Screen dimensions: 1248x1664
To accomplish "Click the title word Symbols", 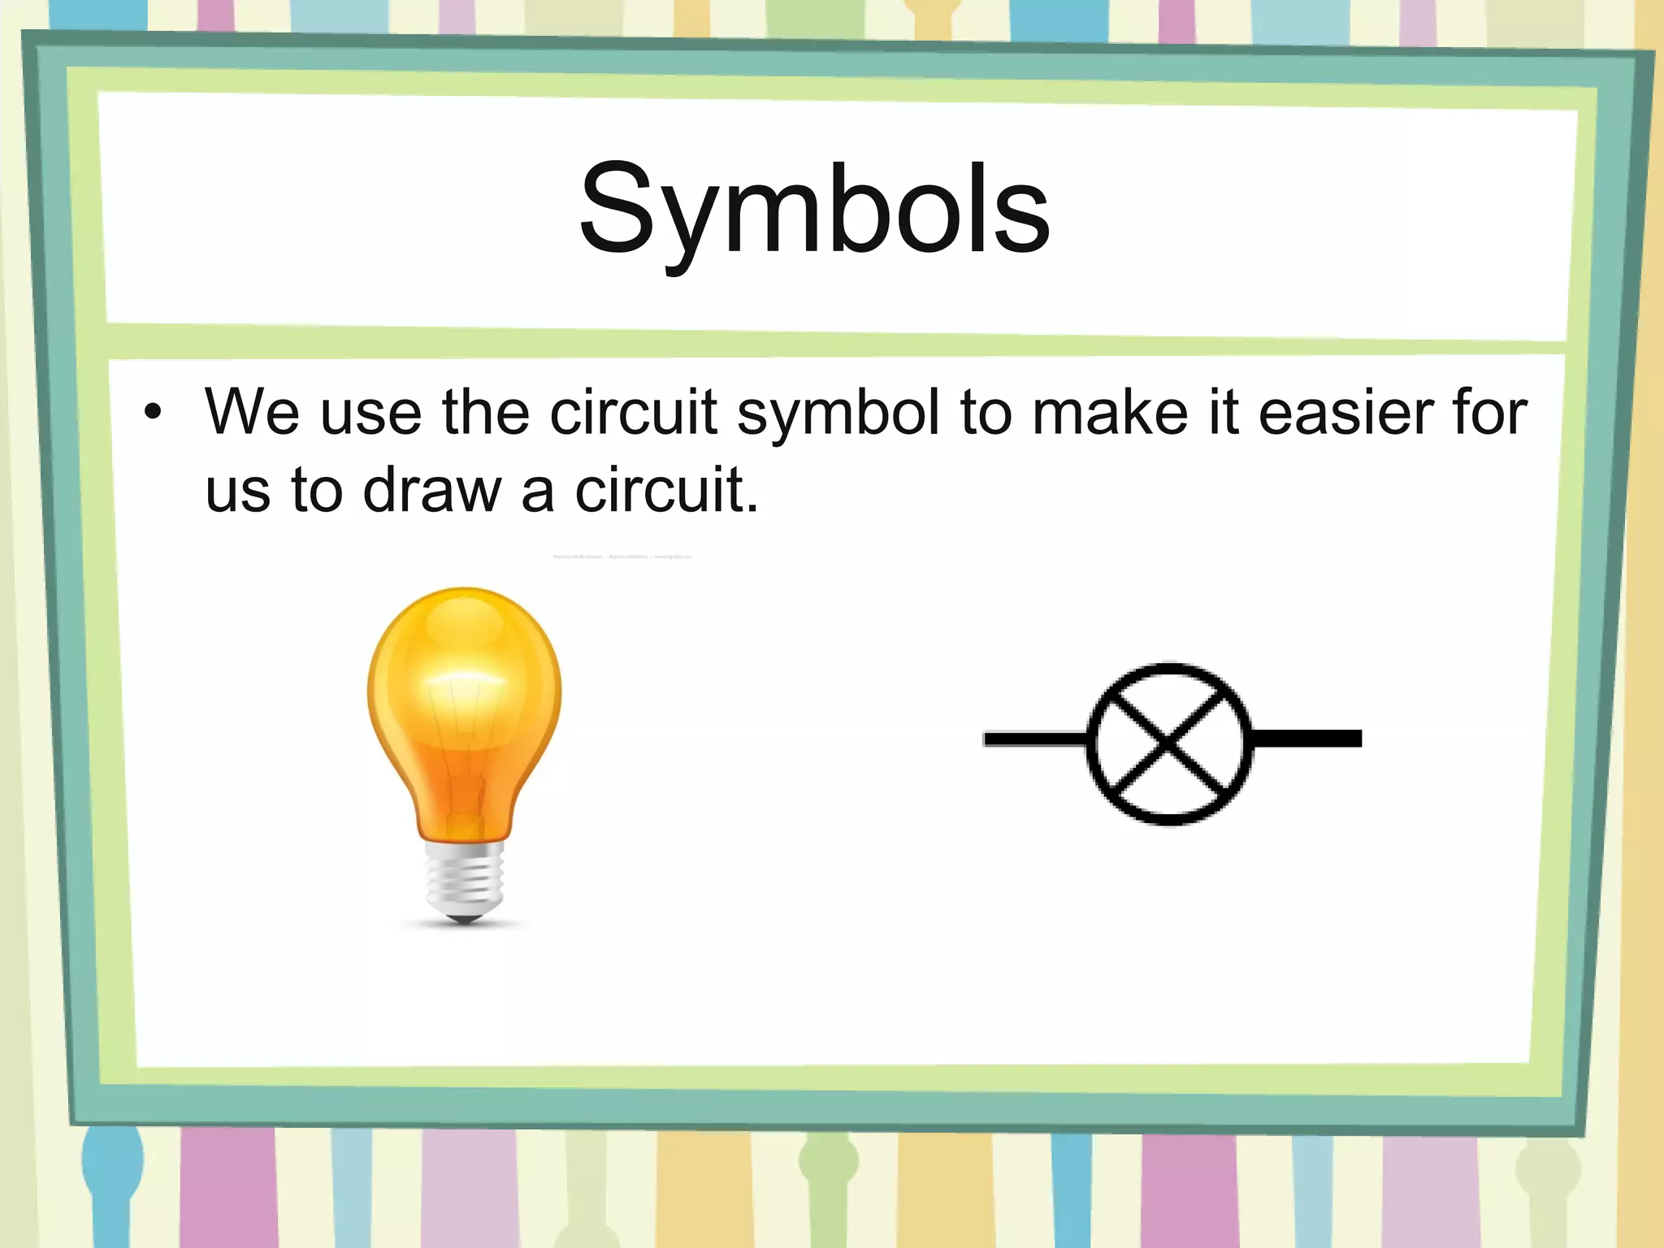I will tap(814, 210).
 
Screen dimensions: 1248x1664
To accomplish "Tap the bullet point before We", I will tap(153, 413).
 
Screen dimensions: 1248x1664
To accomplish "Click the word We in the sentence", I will tap(252, 413).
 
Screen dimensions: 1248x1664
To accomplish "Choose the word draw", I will tap(431, 491).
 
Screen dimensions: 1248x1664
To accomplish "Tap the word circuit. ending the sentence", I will tap(666, 491).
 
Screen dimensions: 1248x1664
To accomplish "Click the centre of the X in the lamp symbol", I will tap(1168, 742).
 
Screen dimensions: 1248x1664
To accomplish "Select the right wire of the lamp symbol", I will tap(1306, 739).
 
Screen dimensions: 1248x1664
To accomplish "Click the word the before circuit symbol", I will tap(485, 413).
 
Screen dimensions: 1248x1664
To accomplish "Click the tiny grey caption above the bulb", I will tap(622, 557).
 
